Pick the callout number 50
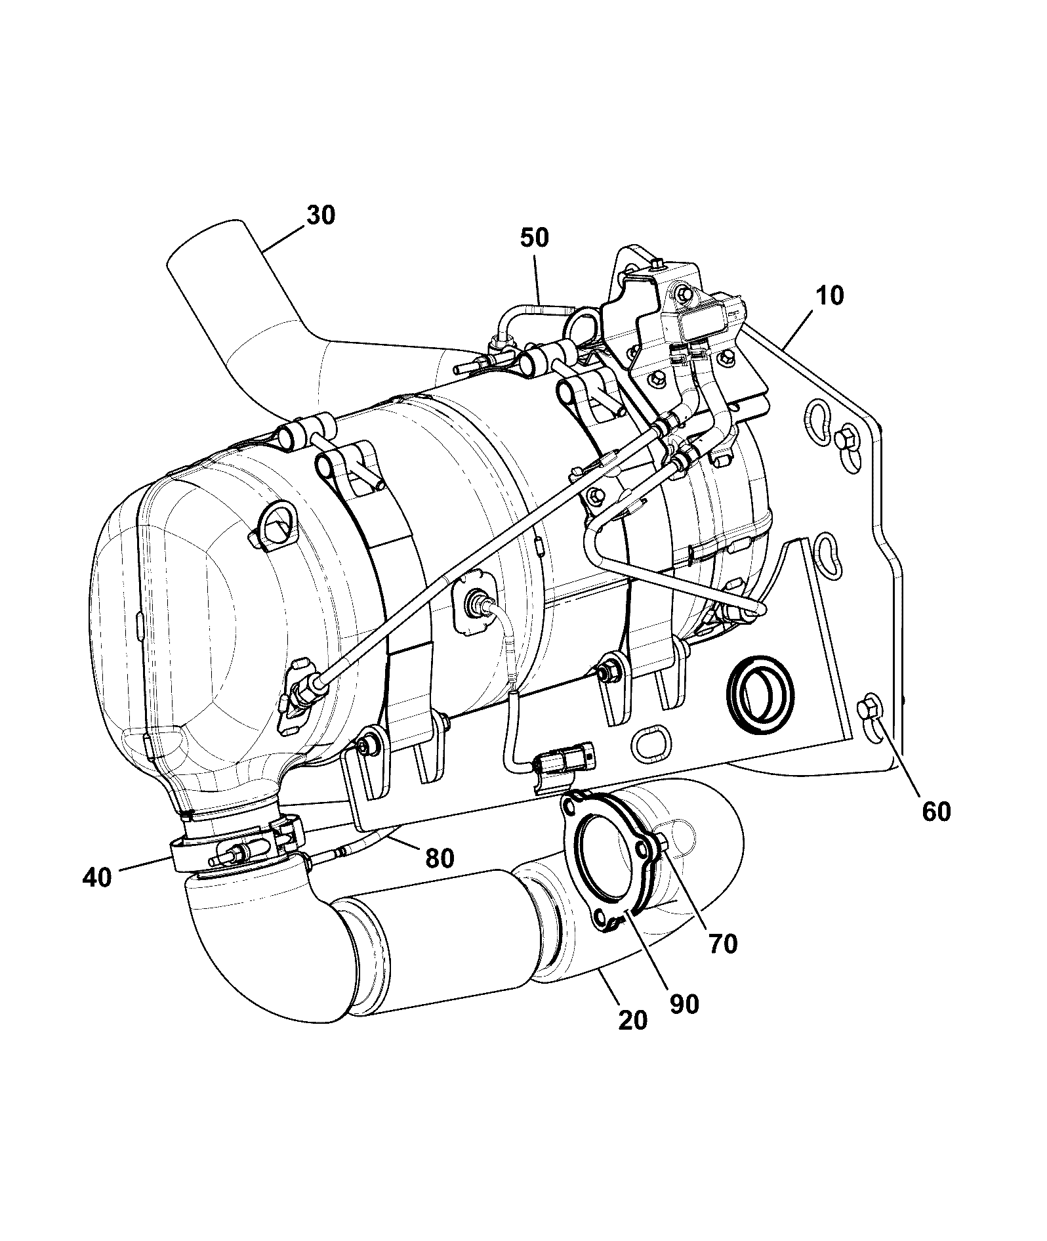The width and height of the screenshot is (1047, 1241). [x=534, y=237]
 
